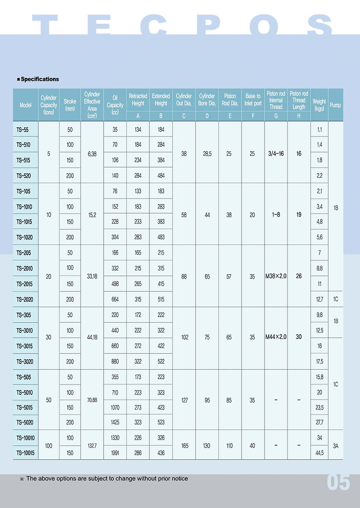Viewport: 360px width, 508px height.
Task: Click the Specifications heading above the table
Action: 40,79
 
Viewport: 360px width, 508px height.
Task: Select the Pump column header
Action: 335,105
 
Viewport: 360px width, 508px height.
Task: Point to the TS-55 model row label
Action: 22,130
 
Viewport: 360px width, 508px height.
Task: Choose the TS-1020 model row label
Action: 25,237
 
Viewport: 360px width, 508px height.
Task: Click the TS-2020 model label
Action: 25,299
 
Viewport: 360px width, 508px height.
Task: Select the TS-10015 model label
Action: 25,453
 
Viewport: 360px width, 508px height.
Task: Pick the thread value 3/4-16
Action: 275,154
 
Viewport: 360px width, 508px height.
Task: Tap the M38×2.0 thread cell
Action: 275,276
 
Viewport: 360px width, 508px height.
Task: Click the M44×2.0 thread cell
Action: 275,337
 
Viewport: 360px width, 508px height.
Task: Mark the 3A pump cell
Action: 335,446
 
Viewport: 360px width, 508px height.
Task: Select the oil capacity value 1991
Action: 115,453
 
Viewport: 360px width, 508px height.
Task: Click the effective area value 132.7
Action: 92,446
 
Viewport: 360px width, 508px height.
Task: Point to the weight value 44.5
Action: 319,453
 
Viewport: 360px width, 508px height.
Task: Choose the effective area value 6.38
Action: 92,154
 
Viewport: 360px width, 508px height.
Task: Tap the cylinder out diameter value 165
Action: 184,446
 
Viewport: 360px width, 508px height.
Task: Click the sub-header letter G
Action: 275,116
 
